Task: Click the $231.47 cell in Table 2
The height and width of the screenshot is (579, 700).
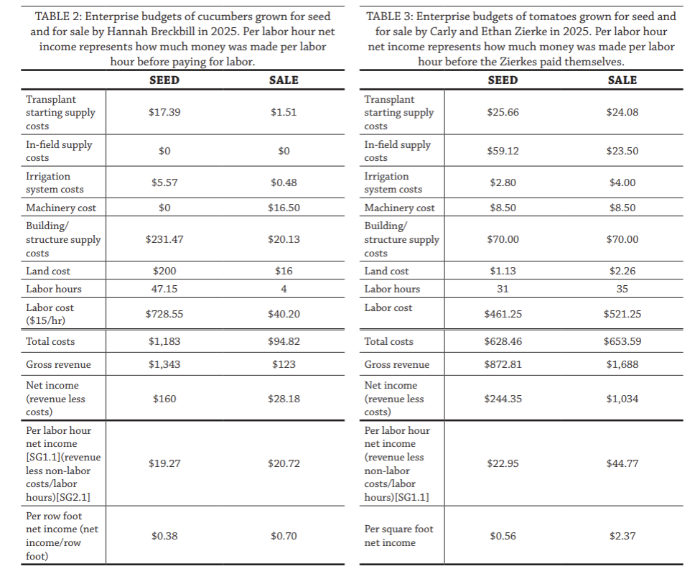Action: (x=164, y=239)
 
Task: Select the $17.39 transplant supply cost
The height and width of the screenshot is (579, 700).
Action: (x=164, y=112)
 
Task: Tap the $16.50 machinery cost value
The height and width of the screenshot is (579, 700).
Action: (x=284, y=208)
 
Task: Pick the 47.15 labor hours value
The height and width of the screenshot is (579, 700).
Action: (x=164, y=289)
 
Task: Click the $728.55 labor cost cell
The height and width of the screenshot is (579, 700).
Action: (x=164, y=314)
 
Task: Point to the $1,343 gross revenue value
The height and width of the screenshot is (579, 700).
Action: (x=164, y=364)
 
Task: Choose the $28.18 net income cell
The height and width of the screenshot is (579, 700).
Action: (x=284, y=399)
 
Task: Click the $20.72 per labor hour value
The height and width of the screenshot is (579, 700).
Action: (x=284, y=463)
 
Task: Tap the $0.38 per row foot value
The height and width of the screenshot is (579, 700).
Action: (x=164, y=536)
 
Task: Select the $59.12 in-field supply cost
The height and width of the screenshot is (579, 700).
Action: (x=503, y=151)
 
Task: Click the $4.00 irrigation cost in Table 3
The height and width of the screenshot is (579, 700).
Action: (x=622, y=182)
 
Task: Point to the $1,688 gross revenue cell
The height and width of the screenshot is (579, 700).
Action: (x=622, y=364)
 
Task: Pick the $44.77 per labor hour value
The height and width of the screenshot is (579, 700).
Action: (x=622, y=463)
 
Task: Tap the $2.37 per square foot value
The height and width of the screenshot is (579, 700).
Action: (x=622, y=536)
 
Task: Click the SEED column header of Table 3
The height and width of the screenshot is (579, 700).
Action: (x=503, y=80)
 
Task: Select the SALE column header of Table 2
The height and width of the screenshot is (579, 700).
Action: (x=284, y=80)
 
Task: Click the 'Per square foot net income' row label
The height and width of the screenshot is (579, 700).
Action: (x=398, y=536)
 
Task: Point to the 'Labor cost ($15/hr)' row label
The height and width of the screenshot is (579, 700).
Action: (x=50, y=314)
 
